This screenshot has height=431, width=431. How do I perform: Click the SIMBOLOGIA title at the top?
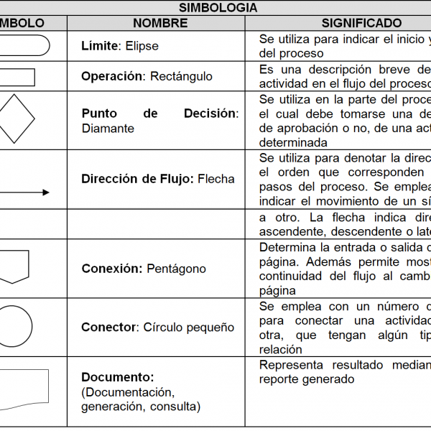(x=218, y=8)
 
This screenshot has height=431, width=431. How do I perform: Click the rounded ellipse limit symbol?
(x=24, y=46)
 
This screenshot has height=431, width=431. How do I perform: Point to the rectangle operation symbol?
(x=17, y=77)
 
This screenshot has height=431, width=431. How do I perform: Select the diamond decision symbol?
(x=16, y=119)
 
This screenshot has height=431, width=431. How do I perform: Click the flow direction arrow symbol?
(x=24, y=193)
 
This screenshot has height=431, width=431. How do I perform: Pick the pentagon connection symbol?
(x=14, y=266)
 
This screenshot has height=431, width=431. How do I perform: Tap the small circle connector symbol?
(x=14, y=326)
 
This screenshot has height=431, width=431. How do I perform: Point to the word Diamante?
(x=108, y=129)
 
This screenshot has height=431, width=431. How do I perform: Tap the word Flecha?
(x=216, y=179)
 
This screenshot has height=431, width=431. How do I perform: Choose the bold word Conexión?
(x=111, y=269)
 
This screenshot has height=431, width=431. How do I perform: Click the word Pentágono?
(x=176, y=269)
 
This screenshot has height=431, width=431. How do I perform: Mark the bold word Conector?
(x=108, y=327)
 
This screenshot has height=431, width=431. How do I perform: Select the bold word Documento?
(x=118, y=377)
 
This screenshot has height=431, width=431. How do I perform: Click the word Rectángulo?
(x=182, y=76)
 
